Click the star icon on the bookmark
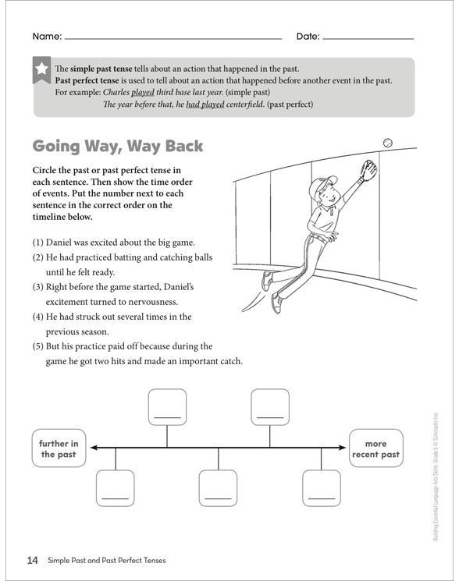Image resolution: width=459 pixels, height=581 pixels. (x=41, y=69)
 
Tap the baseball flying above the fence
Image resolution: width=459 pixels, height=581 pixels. (x=387, y=143)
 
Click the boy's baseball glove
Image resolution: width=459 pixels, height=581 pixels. (x=369, y=169)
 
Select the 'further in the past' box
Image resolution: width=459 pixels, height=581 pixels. (x=59, y=448)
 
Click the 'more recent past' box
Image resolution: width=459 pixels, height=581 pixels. (x=375, y=448)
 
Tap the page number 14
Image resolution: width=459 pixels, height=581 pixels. (x=33, y=560)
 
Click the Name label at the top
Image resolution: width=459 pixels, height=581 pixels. (x=47, y=37)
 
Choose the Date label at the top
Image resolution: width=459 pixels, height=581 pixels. (x=308, y=37)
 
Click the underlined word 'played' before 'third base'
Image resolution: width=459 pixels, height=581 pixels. (x=143, y=92)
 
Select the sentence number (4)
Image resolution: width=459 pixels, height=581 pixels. (x=37, y=317)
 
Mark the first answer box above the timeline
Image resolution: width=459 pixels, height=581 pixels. (x=167, y=407)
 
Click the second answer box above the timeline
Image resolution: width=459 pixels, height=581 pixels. (x=270, y=407)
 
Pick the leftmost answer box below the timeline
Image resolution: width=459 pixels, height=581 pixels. (x=116, y=488)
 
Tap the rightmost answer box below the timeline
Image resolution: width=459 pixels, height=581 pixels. (x=322, y=488)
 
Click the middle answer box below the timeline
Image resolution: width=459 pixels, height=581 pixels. (x=218, y=488)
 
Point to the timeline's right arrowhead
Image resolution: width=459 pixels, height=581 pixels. (x=342, y=448)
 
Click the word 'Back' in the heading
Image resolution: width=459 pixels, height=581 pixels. (x=184, y=146)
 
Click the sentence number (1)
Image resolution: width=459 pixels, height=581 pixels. (x=37, y=243)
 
